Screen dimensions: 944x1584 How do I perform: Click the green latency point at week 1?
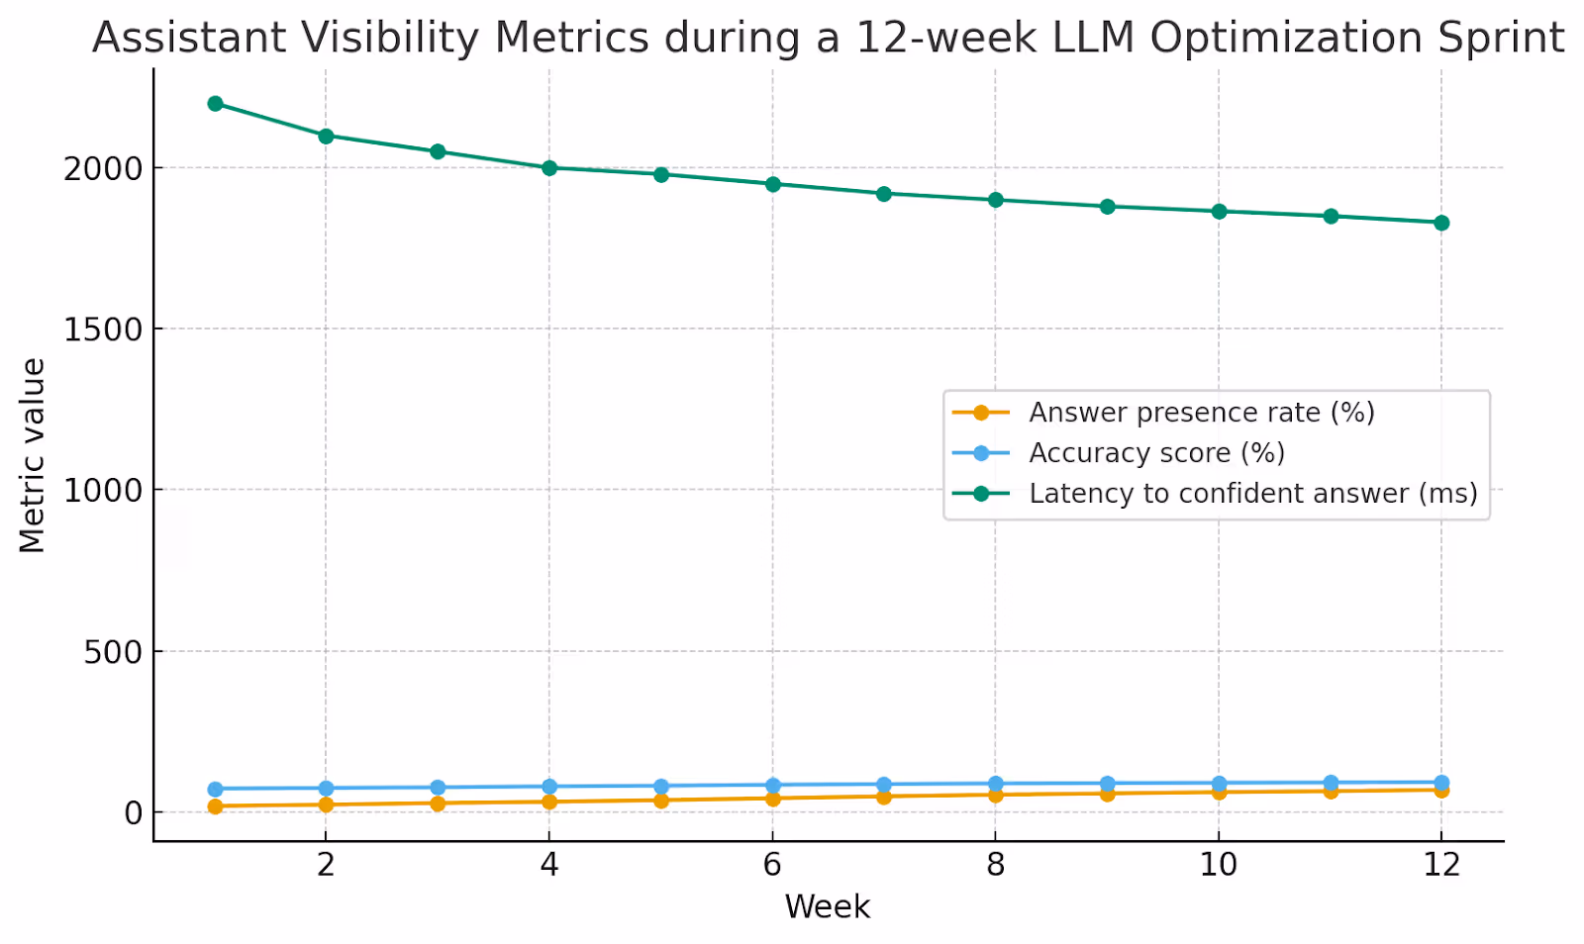click(x=215, y=103)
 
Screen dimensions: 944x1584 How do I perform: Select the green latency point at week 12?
click(x=1441, y=223)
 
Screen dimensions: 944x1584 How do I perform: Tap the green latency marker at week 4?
click(x=549, y=167)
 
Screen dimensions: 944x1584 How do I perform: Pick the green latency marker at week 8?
click(x=996, y=200)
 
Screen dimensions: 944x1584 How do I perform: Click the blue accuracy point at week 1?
click(x=215, y=789)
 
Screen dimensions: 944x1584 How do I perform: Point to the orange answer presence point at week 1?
click(x=215, y=806)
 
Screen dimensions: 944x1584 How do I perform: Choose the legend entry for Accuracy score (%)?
click(x=1156, y=453)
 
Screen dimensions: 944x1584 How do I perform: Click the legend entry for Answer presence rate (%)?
click(x=1201, y=413)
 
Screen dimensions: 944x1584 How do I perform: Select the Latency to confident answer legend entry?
click(x=1252, y=494)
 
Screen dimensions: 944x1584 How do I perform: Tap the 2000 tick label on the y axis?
click(x=103, y=168)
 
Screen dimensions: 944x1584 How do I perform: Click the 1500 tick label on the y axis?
click(x=103, y=330)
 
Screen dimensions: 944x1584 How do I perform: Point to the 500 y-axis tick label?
click(x=113, y=652)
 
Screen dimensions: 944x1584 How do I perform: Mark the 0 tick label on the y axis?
click(x=134, y=813)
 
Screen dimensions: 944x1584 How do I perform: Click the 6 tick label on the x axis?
click(x=772, y=865)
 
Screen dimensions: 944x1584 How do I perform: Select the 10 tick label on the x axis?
click(x=1219, y=865)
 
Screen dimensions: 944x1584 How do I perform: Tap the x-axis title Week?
click(x=828, y=906)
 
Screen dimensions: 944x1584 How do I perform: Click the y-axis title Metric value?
click(x=33, y=455)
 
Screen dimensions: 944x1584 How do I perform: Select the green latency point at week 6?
click(x=772, y=183)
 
